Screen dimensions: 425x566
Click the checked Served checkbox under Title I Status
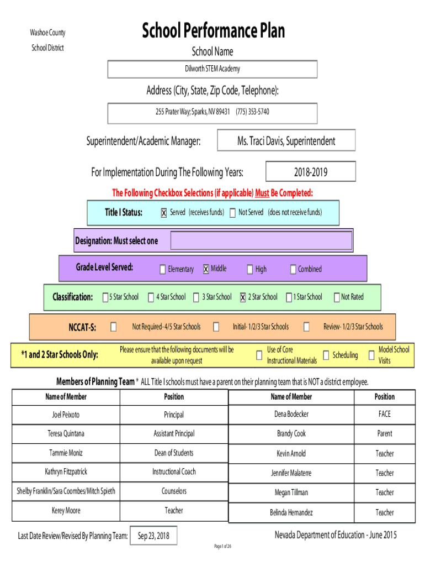coord(164,213)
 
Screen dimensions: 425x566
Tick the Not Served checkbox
coord(232,213)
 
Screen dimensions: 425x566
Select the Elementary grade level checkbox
coord(163,269)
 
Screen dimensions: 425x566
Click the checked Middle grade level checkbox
coord(206,269)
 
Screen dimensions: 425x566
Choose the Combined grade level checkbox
coord(293,269)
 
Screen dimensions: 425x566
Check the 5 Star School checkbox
coord(105,297)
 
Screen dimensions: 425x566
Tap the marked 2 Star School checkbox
coord(243,297)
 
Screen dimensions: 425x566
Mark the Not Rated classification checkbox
coord(336,297)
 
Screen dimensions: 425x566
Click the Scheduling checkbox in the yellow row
coord(326,355)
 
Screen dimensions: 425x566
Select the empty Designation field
coord(261,240)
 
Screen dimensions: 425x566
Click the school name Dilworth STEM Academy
coord(212,69)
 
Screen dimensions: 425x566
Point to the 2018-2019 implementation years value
coord(311,172)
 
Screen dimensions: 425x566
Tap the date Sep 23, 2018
coord(153,536)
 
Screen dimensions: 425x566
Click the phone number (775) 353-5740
coord(252,112)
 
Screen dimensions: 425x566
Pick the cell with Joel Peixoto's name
coord(66,415)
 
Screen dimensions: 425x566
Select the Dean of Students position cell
coord(174,453)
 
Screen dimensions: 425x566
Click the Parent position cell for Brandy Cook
coord(385,433)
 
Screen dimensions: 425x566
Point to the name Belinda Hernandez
coord(291,512)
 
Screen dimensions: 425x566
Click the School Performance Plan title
coord(214,30)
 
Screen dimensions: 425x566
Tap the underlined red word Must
coord(262,193)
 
